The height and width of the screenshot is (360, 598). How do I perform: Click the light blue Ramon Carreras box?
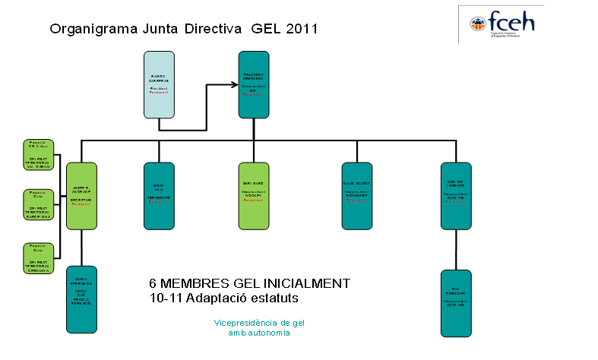tap(159, 84)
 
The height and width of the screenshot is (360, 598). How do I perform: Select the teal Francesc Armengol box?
tap(254, 84)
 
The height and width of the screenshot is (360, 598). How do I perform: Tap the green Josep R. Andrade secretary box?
tap(81, 196)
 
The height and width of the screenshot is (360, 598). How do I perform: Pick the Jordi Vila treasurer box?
tap(159, 196)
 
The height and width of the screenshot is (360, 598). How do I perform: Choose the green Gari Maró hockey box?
tap(254, 196)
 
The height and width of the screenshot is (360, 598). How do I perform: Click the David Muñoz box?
tap(356, 196)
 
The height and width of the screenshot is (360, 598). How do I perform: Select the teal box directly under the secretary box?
tap(81, 299)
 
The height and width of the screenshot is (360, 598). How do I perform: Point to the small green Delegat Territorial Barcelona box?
tap(37, 205)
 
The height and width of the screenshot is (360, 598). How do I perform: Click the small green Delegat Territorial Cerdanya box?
tap(37, 257)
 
